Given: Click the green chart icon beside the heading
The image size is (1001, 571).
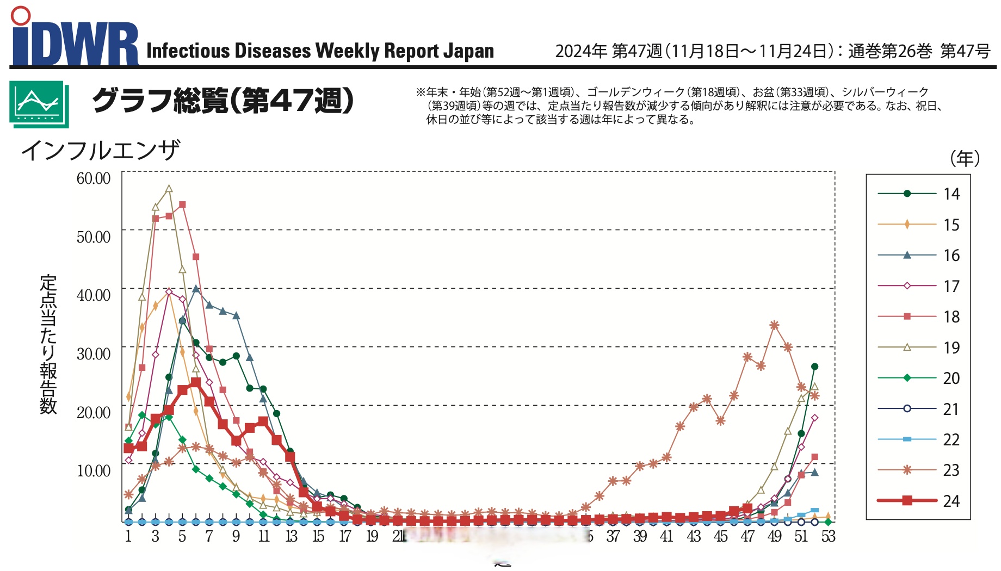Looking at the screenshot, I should coord(39,104).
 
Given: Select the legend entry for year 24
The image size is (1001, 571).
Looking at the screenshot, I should coord(919,501).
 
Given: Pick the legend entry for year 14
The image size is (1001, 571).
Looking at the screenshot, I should coord(919,194).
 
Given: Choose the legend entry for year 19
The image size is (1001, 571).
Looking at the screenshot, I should coord(919,347).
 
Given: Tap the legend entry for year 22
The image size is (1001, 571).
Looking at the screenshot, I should coord(919,439).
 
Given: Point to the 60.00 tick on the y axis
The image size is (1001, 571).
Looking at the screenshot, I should coord(94,178).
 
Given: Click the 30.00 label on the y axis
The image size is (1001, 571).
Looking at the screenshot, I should coord(94,354).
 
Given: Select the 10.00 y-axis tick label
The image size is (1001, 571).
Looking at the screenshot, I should coord(94,471).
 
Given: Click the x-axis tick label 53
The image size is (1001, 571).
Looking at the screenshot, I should coord(828,537).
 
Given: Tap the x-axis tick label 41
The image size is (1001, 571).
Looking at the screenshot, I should coord(666,537).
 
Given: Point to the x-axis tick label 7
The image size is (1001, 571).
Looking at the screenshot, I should coord(209,537).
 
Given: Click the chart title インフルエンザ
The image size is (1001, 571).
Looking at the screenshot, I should coord(100,150).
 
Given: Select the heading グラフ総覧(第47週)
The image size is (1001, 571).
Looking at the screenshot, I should coord(223,101).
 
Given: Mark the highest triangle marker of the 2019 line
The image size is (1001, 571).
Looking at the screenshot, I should coord(169,189).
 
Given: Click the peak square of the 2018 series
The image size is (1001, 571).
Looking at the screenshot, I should coord(182,205).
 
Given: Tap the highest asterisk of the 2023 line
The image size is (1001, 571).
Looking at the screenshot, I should coord(774,325).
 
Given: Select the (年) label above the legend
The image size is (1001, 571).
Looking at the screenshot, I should coord(965,158).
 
